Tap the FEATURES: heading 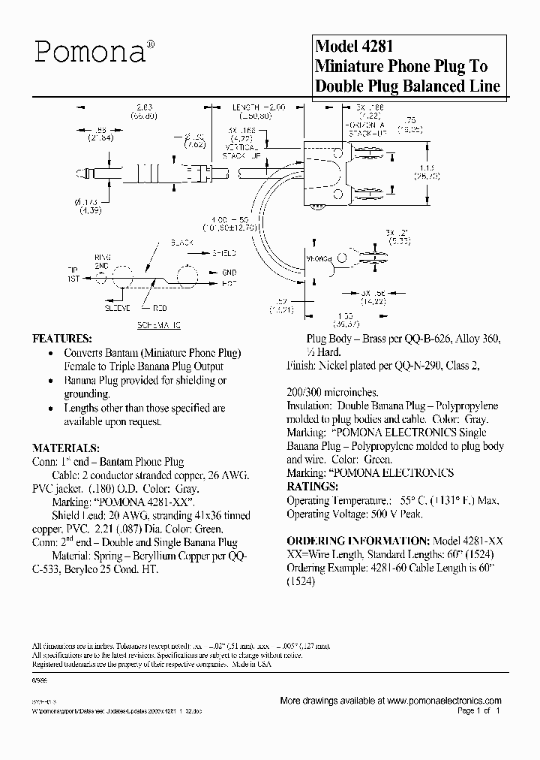tap(61, 338)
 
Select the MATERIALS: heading tap(66, 448)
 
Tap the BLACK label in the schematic tap(182, 243)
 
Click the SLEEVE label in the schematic tap(116, 308)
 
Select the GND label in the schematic tap(228, 273)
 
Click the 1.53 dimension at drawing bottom tap(344, 316)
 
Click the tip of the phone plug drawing tap(77, 175)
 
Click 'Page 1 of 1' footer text tap(477, 710)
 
